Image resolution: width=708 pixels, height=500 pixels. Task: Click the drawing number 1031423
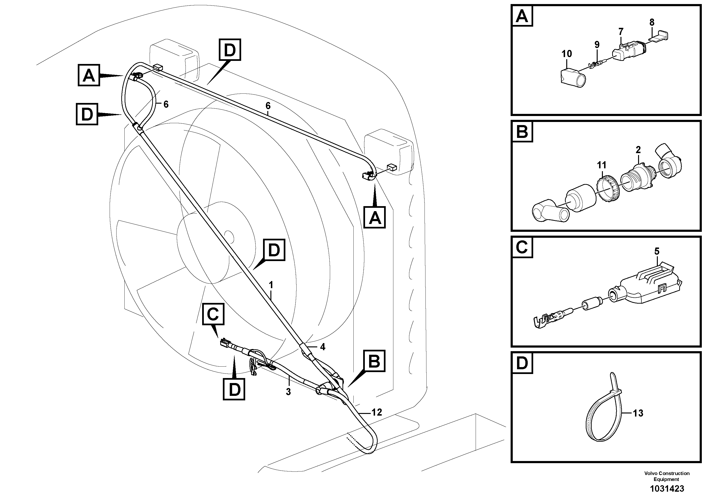pos(667,489)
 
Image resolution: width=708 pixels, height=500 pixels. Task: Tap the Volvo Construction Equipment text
pos(666,476)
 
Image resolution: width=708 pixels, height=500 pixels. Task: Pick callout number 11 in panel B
pos(601,165)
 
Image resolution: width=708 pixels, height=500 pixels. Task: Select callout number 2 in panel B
pos(638,150)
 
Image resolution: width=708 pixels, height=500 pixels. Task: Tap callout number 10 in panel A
pos(566,54)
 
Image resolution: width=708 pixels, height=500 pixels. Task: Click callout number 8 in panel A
pos(652,22)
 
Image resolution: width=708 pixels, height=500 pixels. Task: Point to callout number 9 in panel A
pos(597,45)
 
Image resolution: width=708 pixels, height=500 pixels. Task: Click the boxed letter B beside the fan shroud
pos(374,361)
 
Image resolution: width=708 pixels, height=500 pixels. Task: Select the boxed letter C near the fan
pos(213,314)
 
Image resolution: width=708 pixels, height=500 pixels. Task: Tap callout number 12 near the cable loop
pos(377,412)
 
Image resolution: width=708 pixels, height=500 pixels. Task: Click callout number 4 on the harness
pos(322,347)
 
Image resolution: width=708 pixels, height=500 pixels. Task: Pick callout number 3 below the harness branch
pos(288,392)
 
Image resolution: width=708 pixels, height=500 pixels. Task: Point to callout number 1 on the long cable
pos(271,285)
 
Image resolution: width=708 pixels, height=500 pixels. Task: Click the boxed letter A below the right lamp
pos(374,218)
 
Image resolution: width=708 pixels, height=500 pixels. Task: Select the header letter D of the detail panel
pos(522,363)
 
